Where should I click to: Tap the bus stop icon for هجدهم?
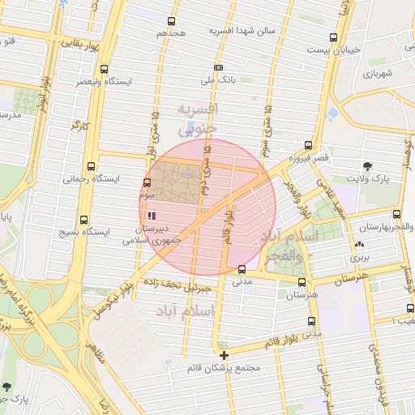(171, 22)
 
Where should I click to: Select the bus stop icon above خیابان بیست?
(333, 37)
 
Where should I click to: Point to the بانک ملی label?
(218, 82)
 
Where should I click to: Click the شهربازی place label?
(377, 74)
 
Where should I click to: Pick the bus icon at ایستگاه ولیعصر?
(104, 69)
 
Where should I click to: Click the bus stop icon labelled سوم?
(147, 182)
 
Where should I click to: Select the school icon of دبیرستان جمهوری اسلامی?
(152, 216)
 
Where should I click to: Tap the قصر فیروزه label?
(312, 158)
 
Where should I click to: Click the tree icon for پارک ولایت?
(369, 165)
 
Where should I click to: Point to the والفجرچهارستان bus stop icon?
(396, 215)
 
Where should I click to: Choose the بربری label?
(359, 256)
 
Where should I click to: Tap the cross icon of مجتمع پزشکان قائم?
(224, 355)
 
